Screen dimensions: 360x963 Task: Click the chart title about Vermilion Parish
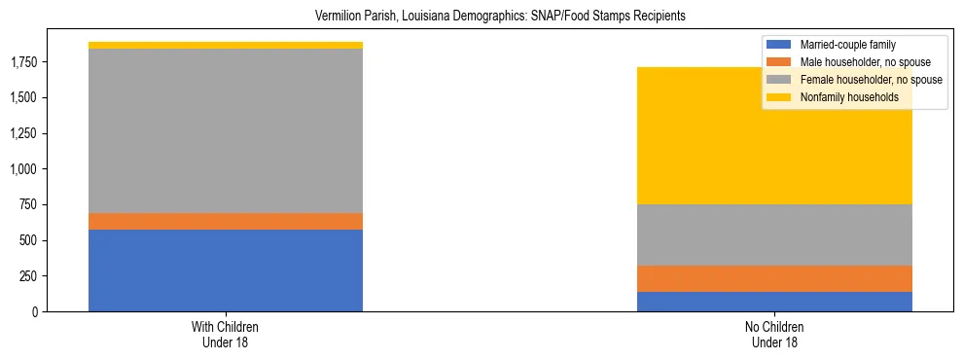pyautogui.click(x=481, y=16)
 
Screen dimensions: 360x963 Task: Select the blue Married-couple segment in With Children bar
pyautogui.click(x=226, y=270)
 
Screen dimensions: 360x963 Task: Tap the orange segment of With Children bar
pyautogui.click(x=226, y=221)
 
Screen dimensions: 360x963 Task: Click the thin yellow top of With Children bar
pyautogui.click(x=226, y=45)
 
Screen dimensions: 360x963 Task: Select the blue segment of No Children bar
pyautogui.click(x=774, y=302)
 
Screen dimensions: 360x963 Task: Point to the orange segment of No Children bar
pyautogui.click(x=774, y=278)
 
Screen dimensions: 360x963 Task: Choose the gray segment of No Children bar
pyautogui.click(x=774, y=234)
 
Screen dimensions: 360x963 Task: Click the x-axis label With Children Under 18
pyautogui.click(x=226, y=335)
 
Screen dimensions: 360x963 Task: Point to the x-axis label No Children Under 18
pyautogui.click(x=774, y=335)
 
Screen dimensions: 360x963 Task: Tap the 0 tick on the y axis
pyautogui.click(x=33, y=311)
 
